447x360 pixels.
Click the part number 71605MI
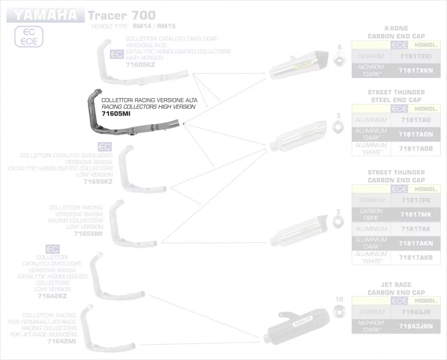[x=116, y=113]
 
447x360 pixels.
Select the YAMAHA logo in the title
[x=45, y=15]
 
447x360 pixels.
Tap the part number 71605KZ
[x=140, y=65]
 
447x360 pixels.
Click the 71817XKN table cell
[x=416, y=71]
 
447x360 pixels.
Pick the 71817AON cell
[x=416, y=134]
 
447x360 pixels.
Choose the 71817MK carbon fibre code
[x=416, y=214]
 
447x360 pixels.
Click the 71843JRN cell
[x=416, y=326]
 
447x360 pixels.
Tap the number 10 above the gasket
[x=339, y=299]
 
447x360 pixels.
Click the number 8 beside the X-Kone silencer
[x=339, y=47]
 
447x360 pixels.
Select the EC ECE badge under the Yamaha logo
[x=29, y=37]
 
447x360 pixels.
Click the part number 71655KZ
[x=98, y=182]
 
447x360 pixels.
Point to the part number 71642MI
[x=61, y=341]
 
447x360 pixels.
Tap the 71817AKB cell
[x=416, y=257]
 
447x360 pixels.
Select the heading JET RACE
[x=396, y=285]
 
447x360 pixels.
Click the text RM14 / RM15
[x=154, y=26]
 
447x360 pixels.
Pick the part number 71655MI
[x=88, y=234]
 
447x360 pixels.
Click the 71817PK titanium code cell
[x=416, y=200]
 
